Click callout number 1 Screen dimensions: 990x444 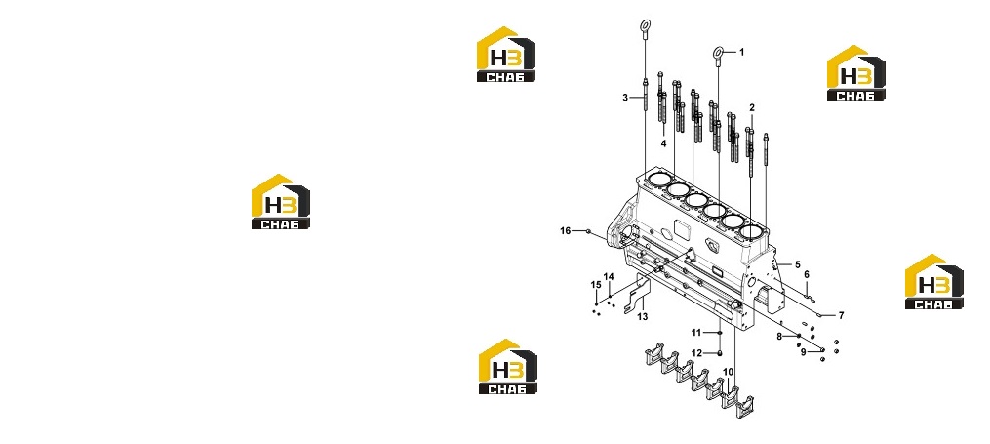742,52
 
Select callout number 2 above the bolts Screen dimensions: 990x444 752,108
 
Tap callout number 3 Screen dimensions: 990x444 625,98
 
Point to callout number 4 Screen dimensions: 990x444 663,144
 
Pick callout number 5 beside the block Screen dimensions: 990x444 798,264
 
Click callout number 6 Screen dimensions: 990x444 807,274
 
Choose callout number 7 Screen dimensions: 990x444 841,315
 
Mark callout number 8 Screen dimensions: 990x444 779,337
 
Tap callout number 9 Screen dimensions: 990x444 803,352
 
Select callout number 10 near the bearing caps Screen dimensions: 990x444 728,372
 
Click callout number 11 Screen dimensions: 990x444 696,332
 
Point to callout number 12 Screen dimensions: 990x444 696,353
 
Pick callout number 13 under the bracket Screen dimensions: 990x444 642,316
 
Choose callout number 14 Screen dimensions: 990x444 609,276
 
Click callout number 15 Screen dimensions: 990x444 595,285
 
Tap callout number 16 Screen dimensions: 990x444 565,231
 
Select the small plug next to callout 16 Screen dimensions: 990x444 588,232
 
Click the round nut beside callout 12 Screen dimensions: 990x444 719,353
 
